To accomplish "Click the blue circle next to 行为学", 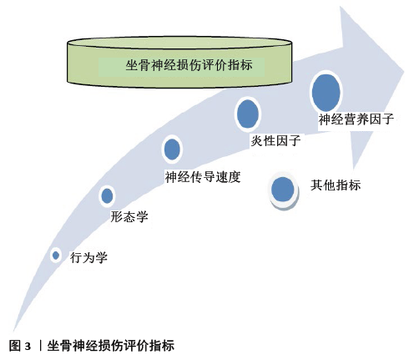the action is pos(56,255).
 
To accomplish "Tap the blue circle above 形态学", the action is pos(107,195).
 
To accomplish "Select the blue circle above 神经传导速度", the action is pos(172,149).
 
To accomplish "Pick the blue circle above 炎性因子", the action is pos(248,114).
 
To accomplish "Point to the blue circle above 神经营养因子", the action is pos(326,92).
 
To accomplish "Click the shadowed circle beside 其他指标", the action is pos(283,190).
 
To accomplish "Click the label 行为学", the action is pos(88,257).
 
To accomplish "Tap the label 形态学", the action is pos(129,216).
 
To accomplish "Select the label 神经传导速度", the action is pos(203,176).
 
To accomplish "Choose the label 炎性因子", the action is pos(275,140).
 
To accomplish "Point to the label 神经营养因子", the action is pos(356,119).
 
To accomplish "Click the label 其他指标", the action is pos(336,185).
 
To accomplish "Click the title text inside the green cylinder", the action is pos(189,65).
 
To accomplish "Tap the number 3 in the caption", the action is pos(28,347).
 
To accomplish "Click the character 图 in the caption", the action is pos(15,346).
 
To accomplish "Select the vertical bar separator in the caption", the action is pos(40,346).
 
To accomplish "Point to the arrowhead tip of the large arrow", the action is pos(404,73).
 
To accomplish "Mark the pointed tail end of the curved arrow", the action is pos(13,332).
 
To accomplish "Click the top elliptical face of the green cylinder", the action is pos(179,43).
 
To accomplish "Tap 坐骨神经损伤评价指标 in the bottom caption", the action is pos(111,346).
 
